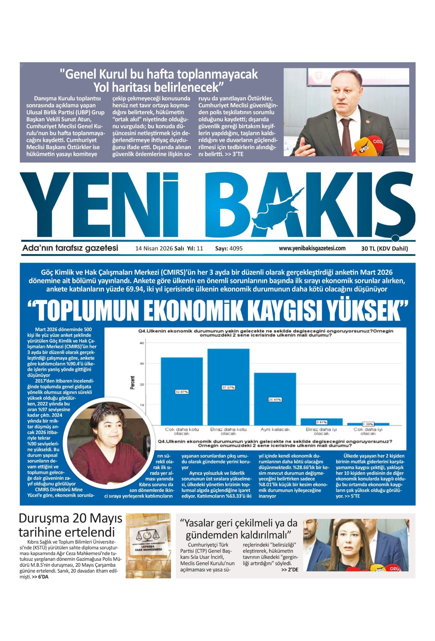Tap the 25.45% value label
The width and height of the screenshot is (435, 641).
274,400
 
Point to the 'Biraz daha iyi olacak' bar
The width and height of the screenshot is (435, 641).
321,422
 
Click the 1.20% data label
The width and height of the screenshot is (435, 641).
368,424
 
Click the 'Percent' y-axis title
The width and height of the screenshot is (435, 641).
133,383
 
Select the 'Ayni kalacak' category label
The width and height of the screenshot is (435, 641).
275,429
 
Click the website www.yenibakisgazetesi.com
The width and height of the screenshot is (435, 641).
312,248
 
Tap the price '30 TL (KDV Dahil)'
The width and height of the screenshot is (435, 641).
384,248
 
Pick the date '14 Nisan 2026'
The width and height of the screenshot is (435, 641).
154,248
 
